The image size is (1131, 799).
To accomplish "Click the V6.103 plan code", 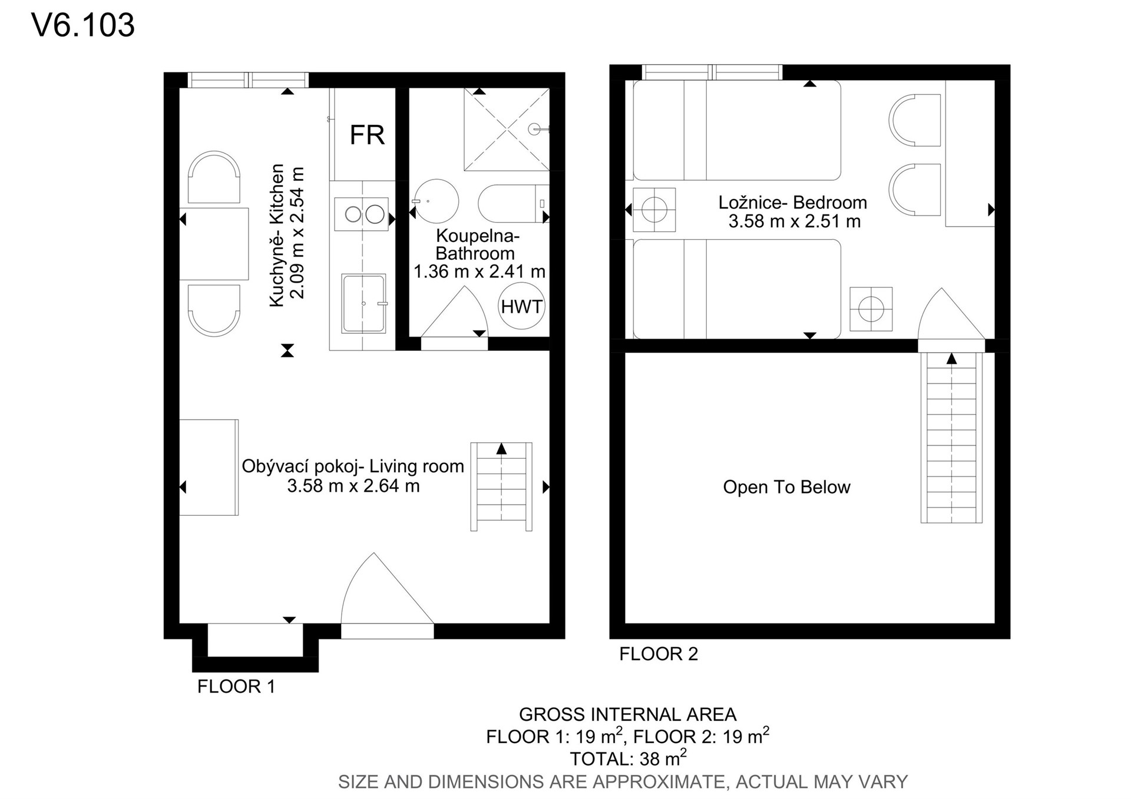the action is click(x=83, y=25).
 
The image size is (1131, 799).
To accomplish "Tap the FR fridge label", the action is click(x=367, y=135).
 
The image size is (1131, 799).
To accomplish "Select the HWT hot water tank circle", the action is click(x=521, y=306).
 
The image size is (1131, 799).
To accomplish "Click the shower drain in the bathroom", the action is click(x=534, y=129).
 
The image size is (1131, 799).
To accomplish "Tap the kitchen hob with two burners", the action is click(x=362, y=214).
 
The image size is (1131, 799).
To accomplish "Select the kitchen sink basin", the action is click(x=364, y=303).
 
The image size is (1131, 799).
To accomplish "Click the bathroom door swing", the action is click(x=455, y=312).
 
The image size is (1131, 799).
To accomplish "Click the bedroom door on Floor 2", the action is click(x=951, y=314).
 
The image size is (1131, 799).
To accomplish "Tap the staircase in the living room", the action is click(x=501, y=486).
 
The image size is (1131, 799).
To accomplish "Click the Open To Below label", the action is click(x=786, y=487).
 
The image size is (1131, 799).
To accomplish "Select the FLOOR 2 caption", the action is click(x=659, y=654).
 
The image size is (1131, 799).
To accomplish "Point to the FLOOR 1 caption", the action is click(x=236, y=686).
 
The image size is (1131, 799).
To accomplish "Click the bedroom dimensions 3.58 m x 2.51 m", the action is click(x=794, y=221).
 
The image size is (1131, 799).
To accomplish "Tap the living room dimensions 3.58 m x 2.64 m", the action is click(x=353, y=486).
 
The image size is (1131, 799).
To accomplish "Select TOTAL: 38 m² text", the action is click(x=628, y=757).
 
